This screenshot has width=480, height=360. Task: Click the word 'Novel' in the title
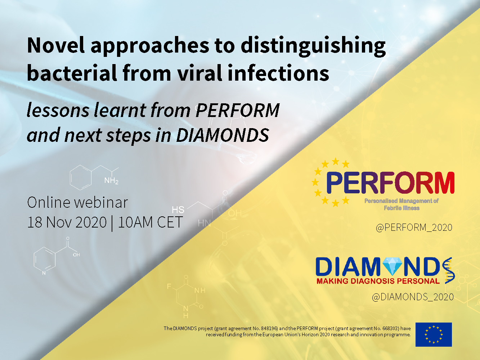(56, 45)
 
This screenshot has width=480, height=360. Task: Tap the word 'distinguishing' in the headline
(313, 46)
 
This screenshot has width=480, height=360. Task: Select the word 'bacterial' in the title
(72, 73)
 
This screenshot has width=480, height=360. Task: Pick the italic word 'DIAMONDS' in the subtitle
(223, 135)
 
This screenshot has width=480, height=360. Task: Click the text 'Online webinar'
(77, 202)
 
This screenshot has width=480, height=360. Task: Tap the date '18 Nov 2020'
(67, 222)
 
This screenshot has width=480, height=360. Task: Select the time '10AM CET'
(150, 222)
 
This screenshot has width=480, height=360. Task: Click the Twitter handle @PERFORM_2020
(414, 228)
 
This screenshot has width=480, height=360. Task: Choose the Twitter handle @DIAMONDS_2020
(413, 297)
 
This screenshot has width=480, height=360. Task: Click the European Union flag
(434, 334)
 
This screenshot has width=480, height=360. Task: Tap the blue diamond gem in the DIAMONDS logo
(392, 266)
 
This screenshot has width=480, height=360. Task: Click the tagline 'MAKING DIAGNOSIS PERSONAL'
(378, 281)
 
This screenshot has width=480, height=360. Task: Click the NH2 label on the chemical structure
(111, 181)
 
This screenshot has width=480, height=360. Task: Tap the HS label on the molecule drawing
(178, 210)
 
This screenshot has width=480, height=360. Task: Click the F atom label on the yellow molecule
(169, 286)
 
